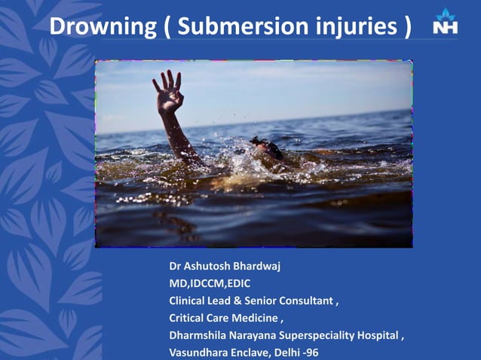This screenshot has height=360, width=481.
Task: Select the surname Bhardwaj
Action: [x=261, y=267]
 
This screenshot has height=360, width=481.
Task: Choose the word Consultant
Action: [x=305, y=301]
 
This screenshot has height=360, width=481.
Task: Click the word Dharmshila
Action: [x=197, y=335]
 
